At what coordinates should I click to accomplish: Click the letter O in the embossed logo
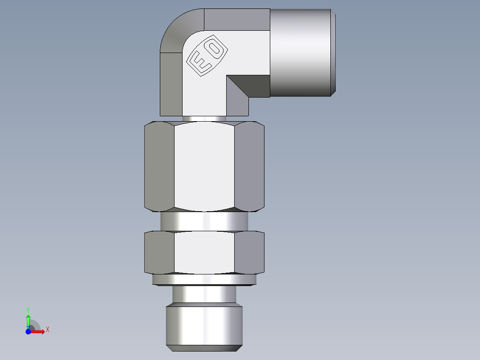click(x=216, y=49)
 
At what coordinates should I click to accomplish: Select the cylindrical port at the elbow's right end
click(x=302, y=53)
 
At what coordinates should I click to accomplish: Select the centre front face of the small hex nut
click(x=204, y=252)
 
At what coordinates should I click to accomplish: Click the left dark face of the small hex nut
click(x=159, y=252)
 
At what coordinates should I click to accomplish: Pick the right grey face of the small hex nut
click(x=249, y=252)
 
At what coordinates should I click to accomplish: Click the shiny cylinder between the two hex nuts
click(x=204, y=221)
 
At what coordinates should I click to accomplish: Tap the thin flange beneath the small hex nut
click(x=204, y=280)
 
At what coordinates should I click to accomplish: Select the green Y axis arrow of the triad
click(x=28, y=317)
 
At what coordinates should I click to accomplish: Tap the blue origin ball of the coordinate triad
click(x=28, y=332)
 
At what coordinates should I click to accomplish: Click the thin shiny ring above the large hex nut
click(x=204, y=119)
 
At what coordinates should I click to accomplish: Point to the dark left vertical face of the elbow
click(x=171, y=82)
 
